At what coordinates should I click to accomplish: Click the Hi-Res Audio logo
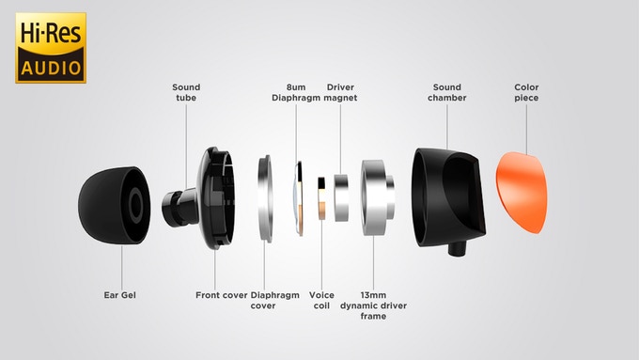pos(50,48)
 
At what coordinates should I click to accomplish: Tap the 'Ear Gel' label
pos(121,294)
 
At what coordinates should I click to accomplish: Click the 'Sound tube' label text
pos(186,92)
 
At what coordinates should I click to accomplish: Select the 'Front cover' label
pos(221,294)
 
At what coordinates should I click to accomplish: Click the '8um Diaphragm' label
pos(297,92)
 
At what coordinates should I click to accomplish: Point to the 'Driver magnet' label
pos(339,92)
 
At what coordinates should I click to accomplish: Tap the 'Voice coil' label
pos(321,299)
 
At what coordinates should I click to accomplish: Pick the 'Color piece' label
pos(526,92)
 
